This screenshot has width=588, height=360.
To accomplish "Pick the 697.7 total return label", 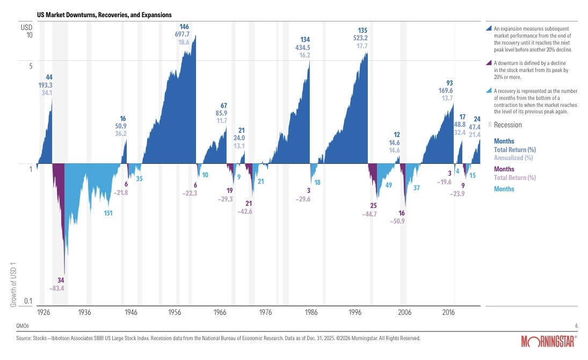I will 184,34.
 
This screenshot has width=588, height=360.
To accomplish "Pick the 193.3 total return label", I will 45,85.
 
